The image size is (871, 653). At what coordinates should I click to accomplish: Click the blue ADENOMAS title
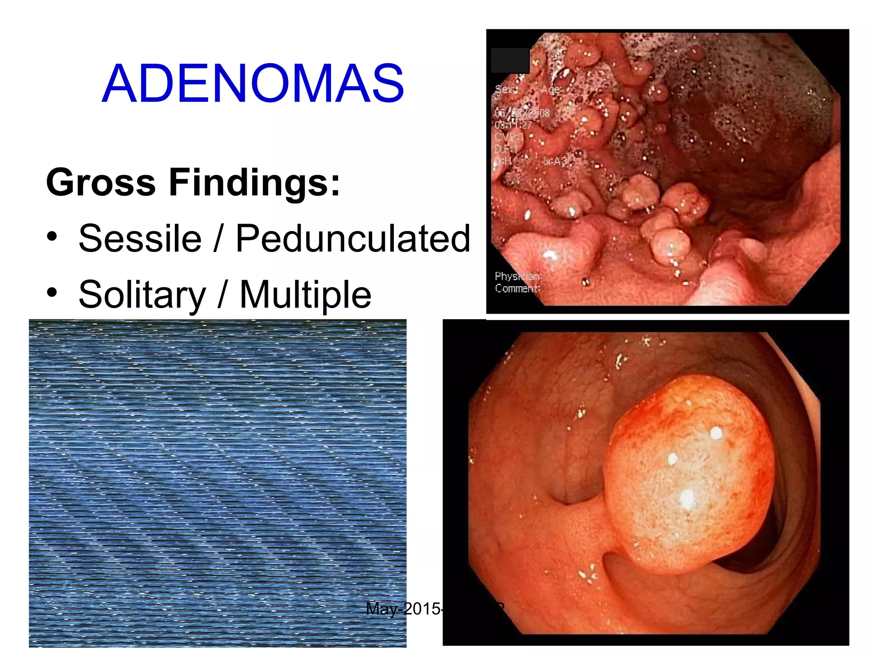(x=253, y=83)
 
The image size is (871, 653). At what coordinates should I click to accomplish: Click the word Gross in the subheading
(x=101, y=182)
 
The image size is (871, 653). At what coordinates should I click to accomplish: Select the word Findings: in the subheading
(x=254, y=182)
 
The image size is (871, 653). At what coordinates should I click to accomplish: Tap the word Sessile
(x=140, y=238)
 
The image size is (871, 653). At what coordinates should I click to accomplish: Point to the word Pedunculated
(x=353, y=238)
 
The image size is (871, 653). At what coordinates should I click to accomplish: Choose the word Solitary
(x=142, y=295)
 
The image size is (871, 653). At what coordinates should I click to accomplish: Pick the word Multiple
(x=305, y=295)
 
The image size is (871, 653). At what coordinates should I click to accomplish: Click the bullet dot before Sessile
(x=52, y=236)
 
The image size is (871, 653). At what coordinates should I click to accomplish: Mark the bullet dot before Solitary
(x=52, y=292)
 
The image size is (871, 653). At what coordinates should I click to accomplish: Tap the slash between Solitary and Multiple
(x=222, y=295)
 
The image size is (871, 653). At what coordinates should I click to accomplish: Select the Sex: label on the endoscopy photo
(x=506, y=90)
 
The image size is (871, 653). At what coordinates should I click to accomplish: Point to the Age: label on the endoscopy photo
(x=550, y=90)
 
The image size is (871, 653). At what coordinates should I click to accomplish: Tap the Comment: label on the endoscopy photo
(x=517, y=288)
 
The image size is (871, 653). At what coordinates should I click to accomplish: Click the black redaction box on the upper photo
(x=510, y=60)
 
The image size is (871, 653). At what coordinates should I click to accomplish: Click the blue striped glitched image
(x=217, y=483)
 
